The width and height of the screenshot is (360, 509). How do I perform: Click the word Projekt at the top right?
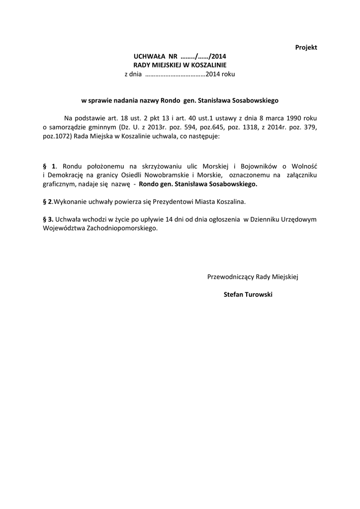pyautogui.click(x=306, y=47)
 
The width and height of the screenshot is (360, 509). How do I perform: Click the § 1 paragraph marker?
pyautogui.click(x=50, y=166)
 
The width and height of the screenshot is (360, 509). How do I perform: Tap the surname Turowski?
pyautogui.click(x=258, y=295)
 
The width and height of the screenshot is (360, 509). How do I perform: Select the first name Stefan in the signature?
pyautogui.click(x=232, y=295)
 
